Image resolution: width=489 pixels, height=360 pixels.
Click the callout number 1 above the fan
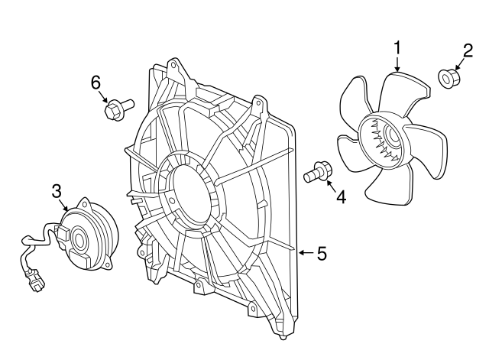(x=397, y=49)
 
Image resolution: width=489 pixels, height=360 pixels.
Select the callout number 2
(x=468, y=50)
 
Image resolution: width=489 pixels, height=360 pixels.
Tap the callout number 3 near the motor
(x=57, y=191)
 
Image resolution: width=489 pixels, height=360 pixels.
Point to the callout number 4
(x=341, y=197)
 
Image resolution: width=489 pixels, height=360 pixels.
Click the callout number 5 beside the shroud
(x=322, y=253)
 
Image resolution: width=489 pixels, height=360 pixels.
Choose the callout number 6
(x=96, y=83)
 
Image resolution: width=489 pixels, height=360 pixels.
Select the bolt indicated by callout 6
(x=118, y=109)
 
